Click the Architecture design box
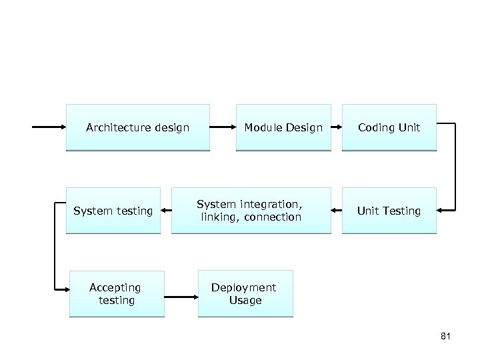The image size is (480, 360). tap(137, 127)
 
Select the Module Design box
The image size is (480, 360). tap(283, 127)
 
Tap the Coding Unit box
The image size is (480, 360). tap(389, 127)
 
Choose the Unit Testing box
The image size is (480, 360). tap(389, 211)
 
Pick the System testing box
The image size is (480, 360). tap(113, 211)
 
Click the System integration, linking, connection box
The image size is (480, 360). tap(251, 211)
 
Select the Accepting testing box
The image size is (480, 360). tap(116, 294)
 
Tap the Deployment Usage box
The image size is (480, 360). tap(245, 294)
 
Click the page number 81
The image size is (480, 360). tap(446, 336)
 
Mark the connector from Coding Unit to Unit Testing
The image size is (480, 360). tap(455, 167)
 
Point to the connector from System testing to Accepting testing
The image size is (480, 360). tap(55, 250)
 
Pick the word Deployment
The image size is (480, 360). tap(243, 288)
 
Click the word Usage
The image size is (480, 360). tap(245, 301)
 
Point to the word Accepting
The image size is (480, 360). tap(115, 288)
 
